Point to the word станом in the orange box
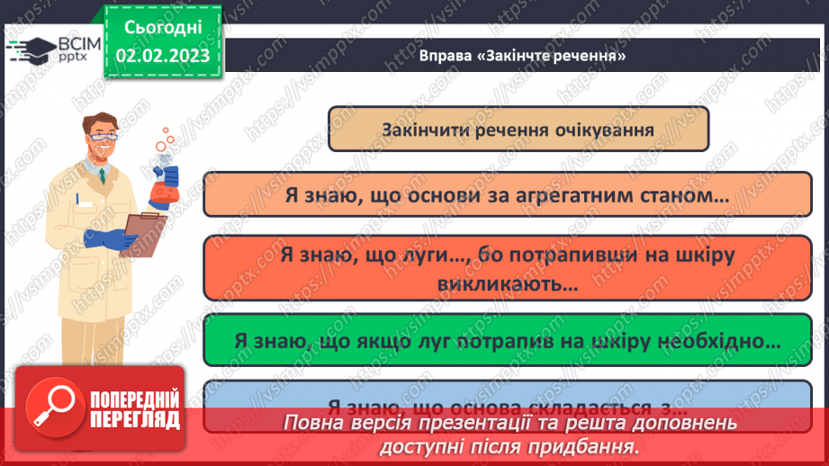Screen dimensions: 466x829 point(683,194)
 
